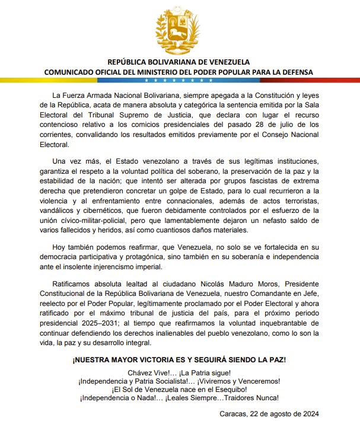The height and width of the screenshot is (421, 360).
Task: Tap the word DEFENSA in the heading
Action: (x=296, y=72)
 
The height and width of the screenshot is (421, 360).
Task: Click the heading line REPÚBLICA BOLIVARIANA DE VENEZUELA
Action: (x=179, y=62)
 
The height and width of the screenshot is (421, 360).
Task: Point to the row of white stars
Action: (x=179, y=80)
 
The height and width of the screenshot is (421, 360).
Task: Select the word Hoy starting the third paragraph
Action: (x=60, y=245)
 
